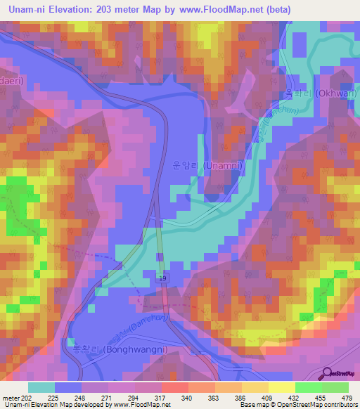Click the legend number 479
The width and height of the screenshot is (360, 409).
point(347,397)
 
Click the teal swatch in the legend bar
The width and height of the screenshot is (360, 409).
point(41,387)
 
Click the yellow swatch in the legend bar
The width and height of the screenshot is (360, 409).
point(281,387)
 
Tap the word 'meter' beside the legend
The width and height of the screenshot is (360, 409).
point(10,397)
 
